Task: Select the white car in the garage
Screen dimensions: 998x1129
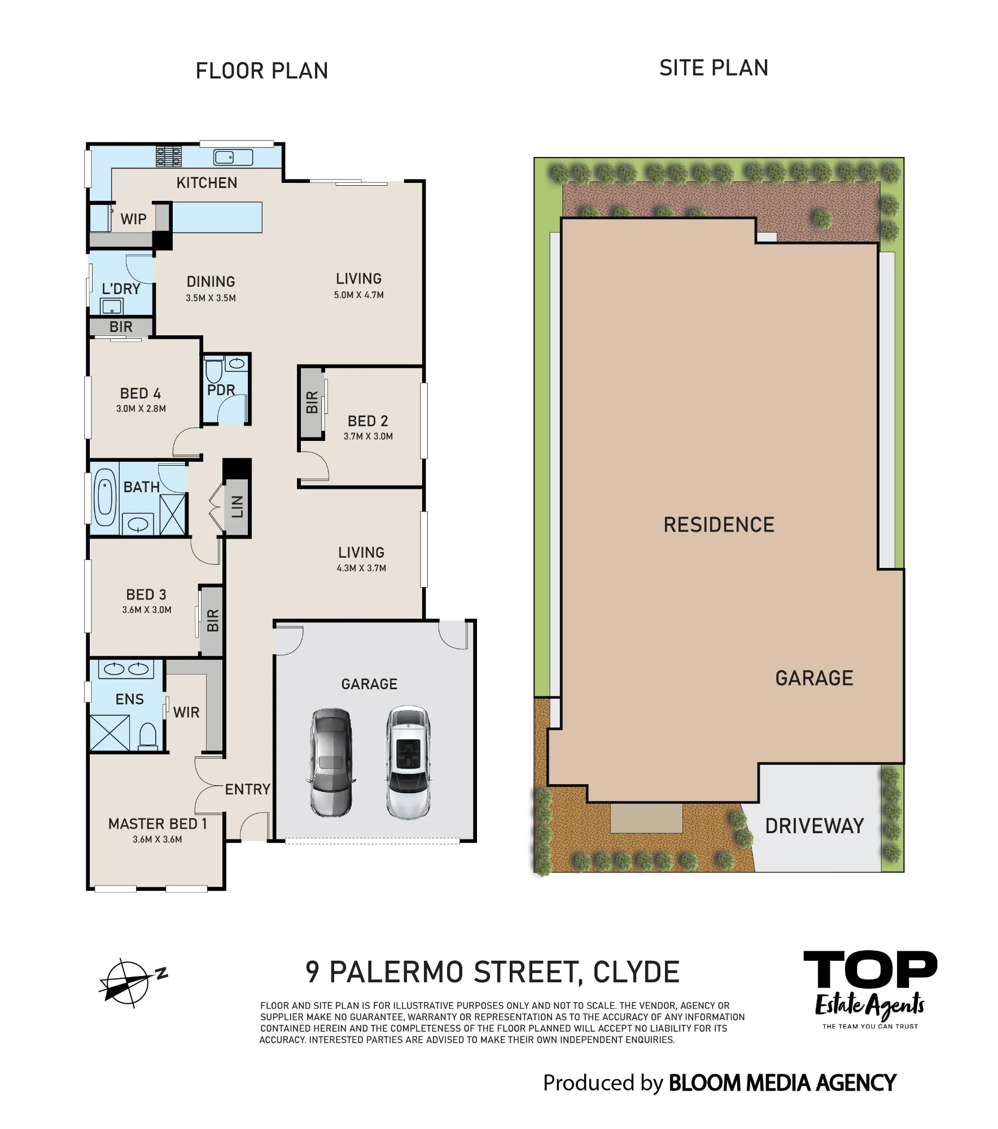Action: click(x=408, y=763)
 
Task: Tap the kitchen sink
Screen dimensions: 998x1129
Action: click(x=233, y=157)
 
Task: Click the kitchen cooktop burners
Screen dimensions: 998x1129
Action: click(x=169, y=156)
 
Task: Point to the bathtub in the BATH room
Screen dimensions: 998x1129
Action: click(x=105, y=498)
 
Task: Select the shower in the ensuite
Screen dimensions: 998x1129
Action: click(x=110, y=733)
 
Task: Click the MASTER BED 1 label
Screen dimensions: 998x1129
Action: click(x=157, y=824)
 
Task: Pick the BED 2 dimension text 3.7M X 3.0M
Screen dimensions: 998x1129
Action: click(x=368, y=436)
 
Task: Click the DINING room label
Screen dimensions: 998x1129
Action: click(x=211, y=282)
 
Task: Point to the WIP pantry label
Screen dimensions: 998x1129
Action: click(x=133, y=219)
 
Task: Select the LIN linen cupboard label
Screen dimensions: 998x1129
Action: click(x=237, y=506)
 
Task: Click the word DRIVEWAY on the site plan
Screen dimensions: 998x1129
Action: click(x=815, y=826)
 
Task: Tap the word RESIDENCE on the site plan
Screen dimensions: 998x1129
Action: click(x=719, y=525)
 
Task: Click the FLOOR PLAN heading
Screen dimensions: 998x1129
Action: click(x=262, y=71)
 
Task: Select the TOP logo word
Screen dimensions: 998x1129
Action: click(x=870, y=969)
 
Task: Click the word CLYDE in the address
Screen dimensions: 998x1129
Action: click(x=636, y=972)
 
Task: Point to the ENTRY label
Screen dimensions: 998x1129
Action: click(x=247, y=789)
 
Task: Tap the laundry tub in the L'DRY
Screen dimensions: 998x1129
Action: click(x=111, y=307)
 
